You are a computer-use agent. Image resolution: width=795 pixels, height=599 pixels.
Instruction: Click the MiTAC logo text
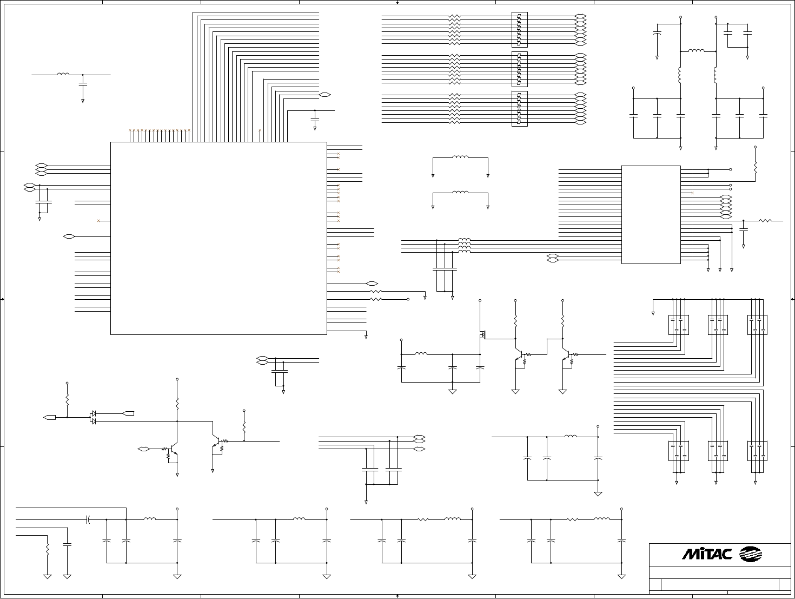[x=707, y=554]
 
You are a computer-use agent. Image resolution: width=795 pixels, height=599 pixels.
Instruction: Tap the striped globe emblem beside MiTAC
[x=750, y=554]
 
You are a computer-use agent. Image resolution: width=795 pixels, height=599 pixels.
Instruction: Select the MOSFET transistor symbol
[x=482, y=335]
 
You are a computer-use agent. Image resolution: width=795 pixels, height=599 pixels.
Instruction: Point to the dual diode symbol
[x=93, y=417]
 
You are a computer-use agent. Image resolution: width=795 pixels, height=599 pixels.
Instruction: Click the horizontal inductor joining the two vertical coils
[x=696, y=51]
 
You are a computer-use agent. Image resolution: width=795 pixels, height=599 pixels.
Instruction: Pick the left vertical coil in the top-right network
[x=680, y=75]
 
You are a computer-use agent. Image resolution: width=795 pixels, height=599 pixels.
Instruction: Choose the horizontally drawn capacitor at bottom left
[x=88, y=519]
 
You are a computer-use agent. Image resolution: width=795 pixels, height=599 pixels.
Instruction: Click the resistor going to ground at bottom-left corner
[x=48, y=549]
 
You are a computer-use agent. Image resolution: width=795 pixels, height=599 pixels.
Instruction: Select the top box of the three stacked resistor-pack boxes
[x=519, y=30]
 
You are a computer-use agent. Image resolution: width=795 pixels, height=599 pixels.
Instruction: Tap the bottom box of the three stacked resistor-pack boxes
[x=519, y=109]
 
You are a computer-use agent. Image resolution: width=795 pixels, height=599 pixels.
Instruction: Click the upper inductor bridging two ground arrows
[x=460, y=157]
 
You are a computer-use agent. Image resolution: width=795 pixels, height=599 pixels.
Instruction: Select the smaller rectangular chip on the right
[x=651, y=215]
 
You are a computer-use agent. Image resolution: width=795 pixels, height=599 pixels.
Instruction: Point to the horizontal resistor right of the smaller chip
[x=765, y=220]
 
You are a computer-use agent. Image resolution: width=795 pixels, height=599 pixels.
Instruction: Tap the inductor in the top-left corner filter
[x=63, y=75]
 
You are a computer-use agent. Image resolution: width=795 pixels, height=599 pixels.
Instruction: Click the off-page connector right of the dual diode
[x=128, y=413]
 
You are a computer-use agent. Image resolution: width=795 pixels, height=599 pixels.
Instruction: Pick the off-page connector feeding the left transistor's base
[x=143, y=449]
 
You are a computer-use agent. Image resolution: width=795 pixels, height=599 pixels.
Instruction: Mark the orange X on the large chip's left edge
[x=98, y=221]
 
